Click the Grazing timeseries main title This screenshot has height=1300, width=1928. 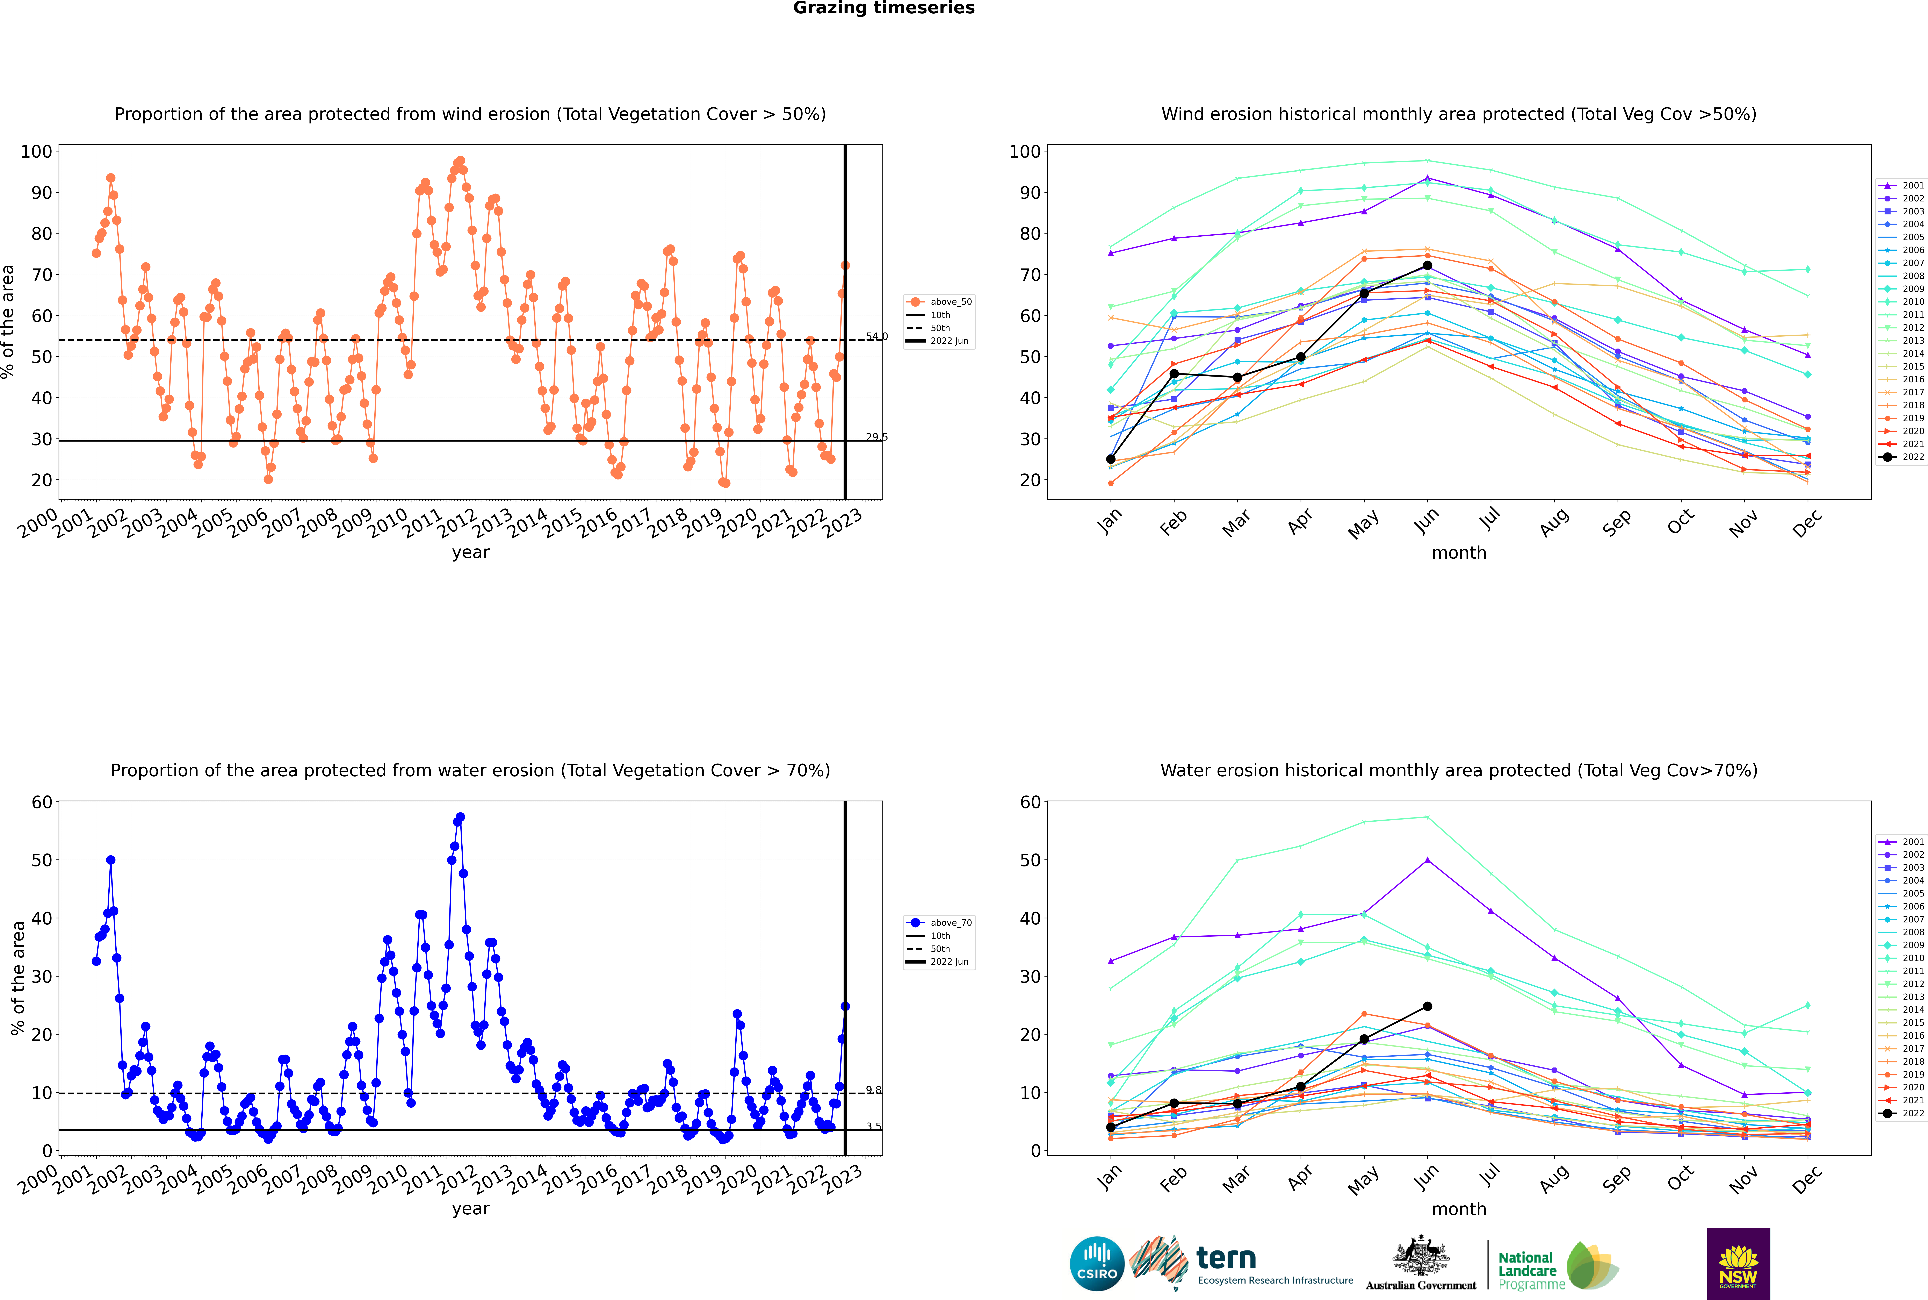pos(884,8)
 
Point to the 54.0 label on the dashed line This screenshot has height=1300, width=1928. pos(876,337)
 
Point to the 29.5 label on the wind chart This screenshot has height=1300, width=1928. pos(876,437)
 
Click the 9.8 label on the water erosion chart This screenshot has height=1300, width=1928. pos(874,1090)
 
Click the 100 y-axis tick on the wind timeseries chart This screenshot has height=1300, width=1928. pos(36,152)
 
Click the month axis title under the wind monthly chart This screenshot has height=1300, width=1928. pos(1459,553)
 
